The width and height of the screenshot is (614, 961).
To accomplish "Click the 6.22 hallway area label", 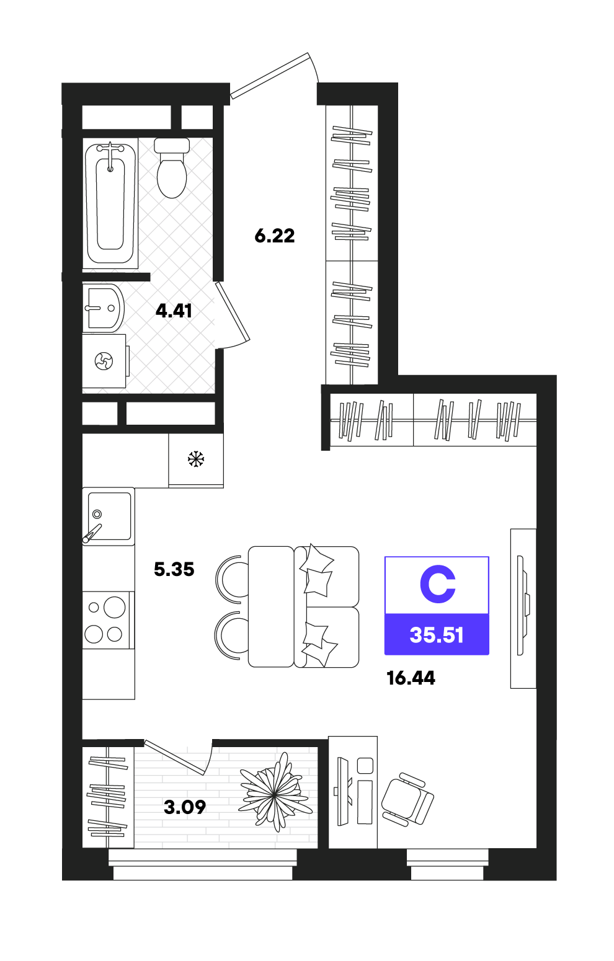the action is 275,236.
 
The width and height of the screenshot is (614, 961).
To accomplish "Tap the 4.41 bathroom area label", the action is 174,311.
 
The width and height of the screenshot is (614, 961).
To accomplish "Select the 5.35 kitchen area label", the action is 174,569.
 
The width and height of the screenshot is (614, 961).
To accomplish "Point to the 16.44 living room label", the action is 411,678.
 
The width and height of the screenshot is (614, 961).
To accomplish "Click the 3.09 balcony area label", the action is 185,807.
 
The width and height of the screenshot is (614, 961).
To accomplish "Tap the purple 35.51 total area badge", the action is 437,634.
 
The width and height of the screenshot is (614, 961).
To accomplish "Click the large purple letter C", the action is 438,584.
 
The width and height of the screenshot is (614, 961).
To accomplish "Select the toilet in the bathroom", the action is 172,168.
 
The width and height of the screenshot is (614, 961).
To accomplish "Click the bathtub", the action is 110,203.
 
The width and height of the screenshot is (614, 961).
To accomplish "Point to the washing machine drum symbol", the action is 104,361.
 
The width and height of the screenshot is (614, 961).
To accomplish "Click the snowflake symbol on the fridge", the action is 196,459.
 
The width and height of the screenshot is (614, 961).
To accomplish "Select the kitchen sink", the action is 109,516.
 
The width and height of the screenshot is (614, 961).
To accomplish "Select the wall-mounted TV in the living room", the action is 523,605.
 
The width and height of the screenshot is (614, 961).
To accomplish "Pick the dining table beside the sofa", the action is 271,606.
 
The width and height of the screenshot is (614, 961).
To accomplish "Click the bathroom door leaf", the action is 232,311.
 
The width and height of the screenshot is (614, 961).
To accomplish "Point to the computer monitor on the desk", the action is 343,792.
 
